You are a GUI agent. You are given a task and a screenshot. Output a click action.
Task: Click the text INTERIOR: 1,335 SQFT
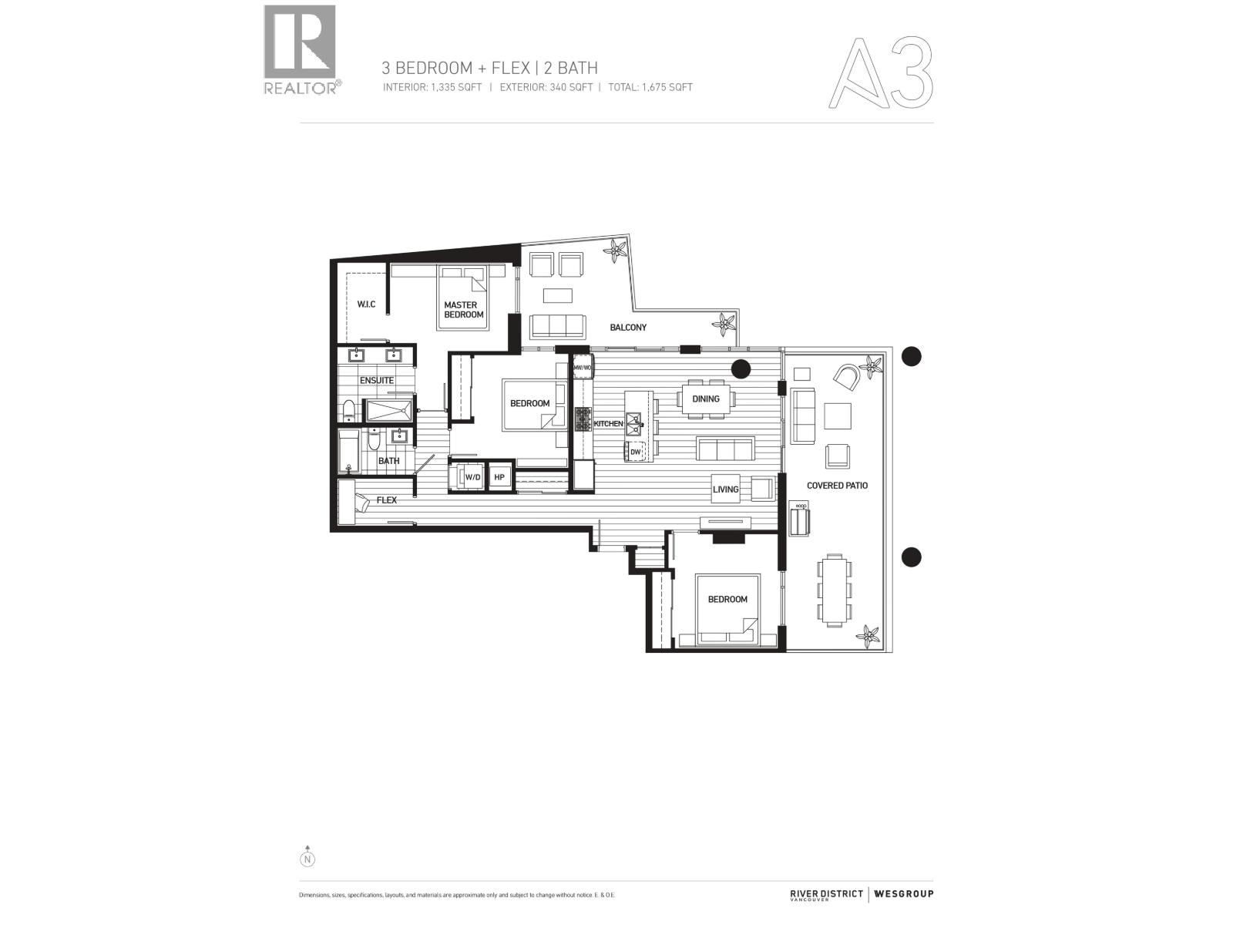(432, 87)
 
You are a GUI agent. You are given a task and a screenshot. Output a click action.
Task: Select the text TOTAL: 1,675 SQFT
(650, 87)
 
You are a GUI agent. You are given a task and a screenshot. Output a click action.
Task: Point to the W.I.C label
(366, 304)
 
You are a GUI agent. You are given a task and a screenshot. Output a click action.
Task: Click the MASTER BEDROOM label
(464, 310)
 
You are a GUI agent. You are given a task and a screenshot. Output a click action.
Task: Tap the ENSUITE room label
(376, 381)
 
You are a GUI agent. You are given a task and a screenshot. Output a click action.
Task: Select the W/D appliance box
(472, 478)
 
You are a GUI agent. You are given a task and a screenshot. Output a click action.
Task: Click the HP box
(499, 478)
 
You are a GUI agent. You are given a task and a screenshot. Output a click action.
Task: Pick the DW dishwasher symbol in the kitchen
(636, 452)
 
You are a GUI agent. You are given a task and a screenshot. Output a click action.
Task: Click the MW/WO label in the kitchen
(583, 368)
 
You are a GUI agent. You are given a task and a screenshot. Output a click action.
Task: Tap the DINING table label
(706, 399)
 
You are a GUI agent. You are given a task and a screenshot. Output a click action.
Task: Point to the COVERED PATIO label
(837, 486)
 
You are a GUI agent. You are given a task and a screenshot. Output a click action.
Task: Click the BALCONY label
(628, 328)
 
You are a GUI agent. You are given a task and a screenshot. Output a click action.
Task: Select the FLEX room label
(386, 500)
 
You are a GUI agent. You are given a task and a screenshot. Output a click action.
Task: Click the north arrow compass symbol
(307, 856)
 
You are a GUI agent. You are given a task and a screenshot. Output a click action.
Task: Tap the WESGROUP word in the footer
(903, 894)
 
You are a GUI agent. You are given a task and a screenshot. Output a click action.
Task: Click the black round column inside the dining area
(741, 369)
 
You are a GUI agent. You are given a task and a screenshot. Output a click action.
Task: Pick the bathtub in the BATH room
(348, 452)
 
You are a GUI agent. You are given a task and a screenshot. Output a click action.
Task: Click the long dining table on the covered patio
(834, 590)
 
